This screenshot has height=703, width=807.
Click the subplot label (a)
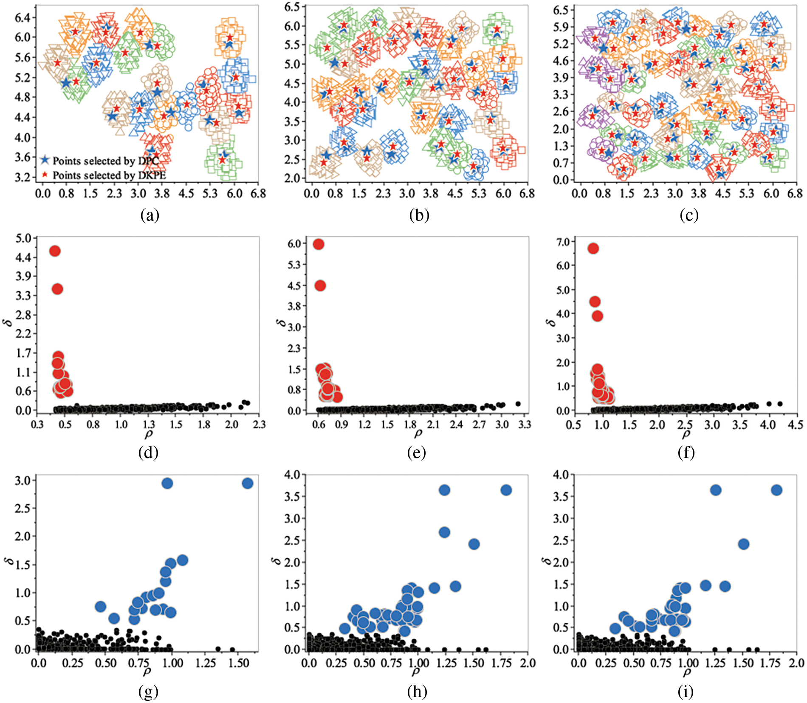click(x=150, y=215)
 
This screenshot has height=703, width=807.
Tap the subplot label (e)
click(x=416, y=453)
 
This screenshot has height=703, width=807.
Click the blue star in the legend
click(x=45, y=160)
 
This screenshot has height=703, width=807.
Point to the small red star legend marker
click(x=45, y=175)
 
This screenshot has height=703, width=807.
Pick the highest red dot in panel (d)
click(x=55, y=251)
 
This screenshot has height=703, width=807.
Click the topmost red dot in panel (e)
click(x=319, y=244)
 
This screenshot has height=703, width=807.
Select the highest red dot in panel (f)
click(x=593, y=248)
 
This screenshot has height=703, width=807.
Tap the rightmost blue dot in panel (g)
click(x=247, y=483)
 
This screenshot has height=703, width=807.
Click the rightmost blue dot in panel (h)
click(x=506, y=490)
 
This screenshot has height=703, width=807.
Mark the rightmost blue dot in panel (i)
click(x=776, y=490)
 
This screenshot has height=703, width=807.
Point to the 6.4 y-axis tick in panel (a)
click(x=22, y=17)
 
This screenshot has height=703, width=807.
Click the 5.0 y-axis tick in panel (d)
click(x=23, y=238)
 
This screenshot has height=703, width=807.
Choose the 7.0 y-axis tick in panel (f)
click(x=563, y=242)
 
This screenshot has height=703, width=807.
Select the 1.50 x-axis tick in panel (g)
click(x=239, y=663)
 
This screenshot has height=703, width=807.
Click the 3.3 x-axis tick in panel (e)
click(x=525, y=424)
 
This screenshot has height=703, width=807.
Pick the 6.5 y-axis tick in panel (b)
click(x=292, y=7)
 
